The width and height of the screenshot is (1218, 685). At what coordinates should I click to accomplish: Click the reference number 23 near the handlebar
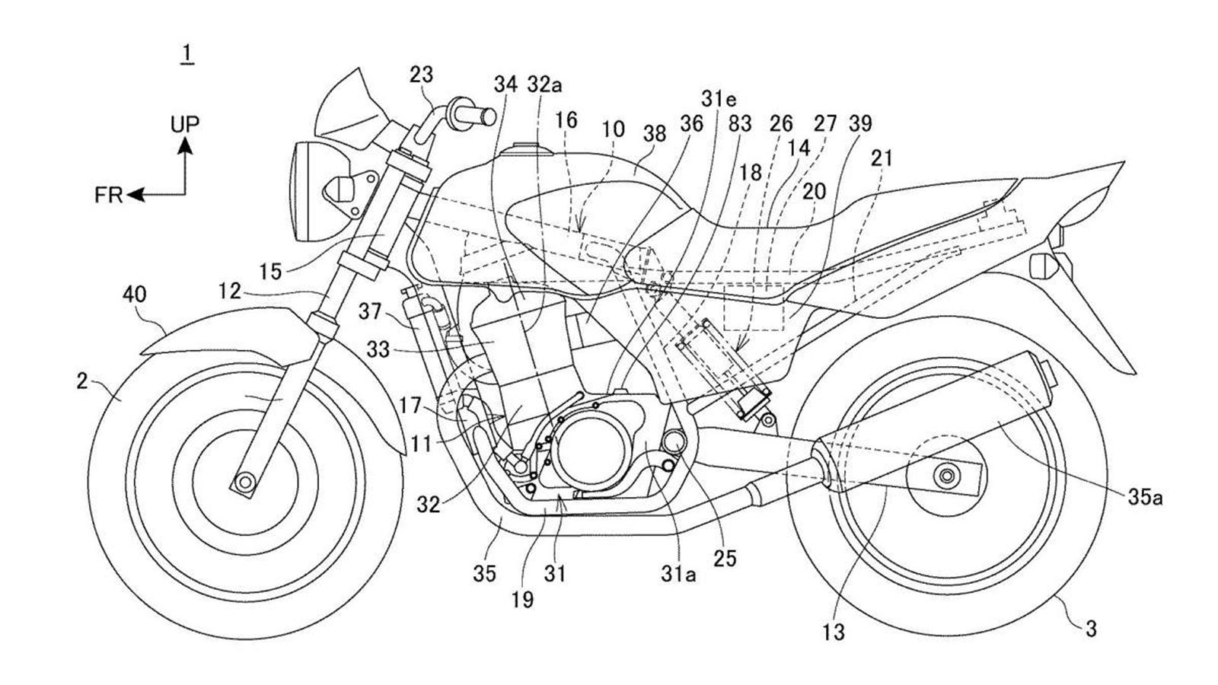point(421,75)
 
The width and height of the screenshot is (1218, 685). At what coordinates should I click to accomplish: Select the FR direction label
point(108,196)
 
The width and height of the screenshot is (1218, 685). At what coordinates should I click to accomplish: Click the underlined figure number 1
point(187,54)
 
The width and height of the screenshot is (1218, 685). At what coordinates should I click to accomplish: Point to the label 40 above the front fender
point(135,295)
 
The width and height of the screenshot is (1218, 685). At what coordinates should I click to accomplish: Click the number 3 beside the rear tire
point(1091,629)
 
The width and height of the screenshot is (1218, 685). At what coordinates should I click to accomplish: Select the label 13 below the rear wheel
point(834,631)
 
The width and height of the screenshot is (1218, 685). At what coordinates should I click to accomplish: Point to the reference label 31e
point(719,99)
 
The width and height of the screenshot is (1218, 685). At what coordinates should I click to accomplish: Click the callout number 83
point(739,123)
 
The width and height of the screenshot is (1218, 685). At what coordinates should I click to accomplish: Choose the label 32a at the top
point(544,84)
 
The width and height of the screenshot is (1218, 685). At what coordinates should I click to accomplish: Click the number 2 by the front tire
point(82,381)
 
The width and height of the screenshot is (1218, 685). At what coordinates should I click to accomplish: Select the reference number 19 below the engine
point(523,599)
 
